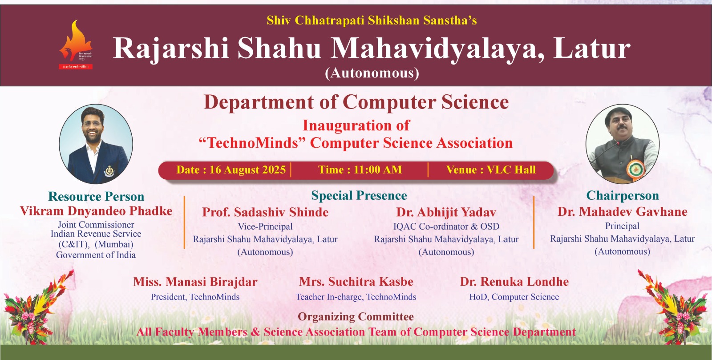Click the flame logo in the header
pos(76,44)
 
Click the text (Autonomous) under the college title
pos(372,73)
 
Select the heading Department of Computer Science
pos(356,102)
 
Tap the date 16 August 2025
pos(247,170)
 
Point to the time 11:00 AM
pos(377,170)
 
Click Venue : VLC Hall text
pos(491,170)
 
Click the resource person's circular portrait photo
pos(96,144)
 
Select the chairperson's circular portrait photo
pos(622,144)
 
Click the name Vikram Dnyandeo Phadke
pos(96,211)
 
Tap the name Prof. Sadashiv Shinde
pos(265,212)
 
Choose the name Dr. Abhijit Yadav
pos(446,212)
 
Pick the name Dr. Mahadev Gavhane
pos(622,212)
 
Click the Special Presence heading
pos(359,196)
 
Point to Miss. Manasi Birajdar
pos(195,282)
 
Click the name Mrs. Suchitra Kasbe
pos(356,282)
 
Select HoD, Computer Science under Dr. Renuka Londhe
pos(514,297)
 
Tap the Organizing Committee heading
pos(356,317)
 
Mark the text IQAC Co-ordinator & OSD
pos(446,227)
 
